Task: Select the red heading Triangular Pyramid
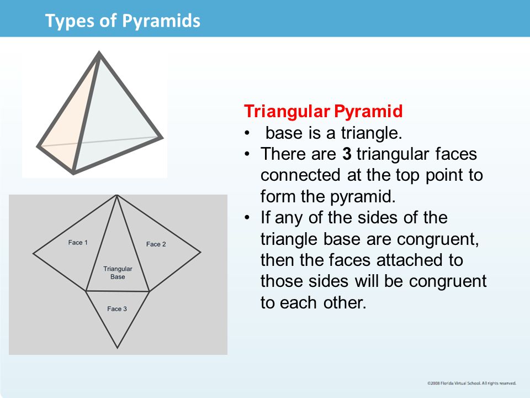[x=324, y=111]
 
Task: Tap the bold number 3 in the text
[x=347, y=154]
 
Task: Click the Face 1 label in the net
[x=78, y=243]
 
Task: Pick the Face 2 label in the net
[x=156, y=244]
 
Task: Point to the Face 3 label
[x=117, y=308]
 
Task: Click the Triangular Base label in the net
[x=118, y=273]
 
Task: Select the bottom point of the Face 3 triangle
[x=117, y=348]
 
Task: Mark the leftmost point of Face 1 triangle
[x=34, y=253]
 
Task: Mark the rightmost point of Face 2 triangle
[x=200, y=253]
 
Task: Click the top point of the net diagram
[x=116, y=195]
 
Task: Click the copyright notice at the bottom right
[x=471, y=383]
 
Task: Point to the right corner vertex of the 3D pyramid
[x=162, y=137]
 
